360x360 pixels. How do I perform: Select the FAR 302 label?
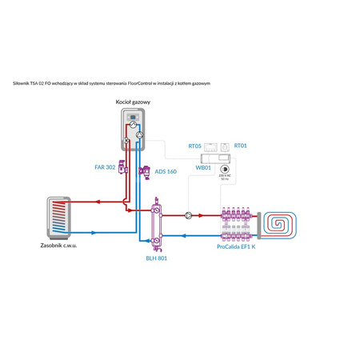point(105,167)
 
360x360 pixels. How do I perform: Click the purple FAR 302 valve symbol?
point(123,168)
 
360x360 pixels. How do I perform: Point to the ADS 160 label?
point(166,171)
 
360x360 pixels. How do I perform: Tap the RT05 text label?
point(194,146)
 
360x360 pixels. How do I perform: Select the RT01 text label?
point(240,146)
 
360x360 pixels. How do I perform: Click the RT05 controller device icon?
point(212,146)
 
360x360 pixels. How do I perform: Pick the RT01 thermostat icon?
point(226,146)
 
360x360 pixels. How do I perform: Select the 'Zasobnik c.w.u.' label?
point(58,246)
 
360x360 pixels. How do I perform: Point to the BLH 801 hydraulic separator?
point(157,224)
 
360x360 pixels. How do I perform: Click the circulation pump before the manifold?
point(188,214)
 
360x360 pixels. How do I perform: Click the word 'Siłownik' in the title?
point(14,83)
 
